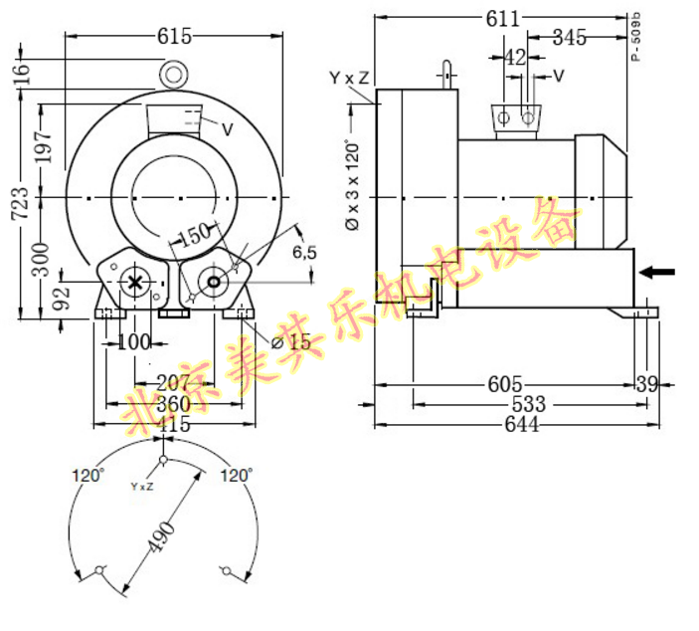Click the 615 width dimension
click(x=174, y=35)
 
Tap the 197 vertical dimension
click(x=43, y=147)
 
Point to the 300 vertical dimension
click(x=43, y=254)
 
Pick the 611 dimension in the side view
click(x=501, y=19)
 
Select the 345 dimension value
click(x=568, y=39)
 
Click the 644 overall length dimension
click(x=521, y=425)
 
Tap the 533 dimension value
click(x=528, y=405)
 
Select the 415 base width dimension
click(x=174, y=424)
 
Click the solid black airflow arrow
click(x=657, y=272)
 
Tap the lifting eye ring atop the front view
click(x=175, y=74)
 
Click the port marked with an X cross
click(x=134, y=283)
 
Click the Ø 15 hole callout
click(x=290, y=342)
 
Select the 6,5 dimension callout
click(x=303, y=253)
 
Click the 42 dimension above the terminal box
click(x=514, y=58)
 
